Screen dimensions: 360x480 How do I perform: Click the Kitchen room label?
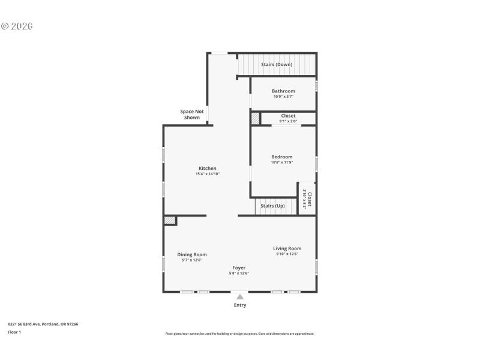(x=208, y=169)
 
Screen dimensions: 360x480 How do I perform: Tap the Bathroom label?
(x=283, y=91)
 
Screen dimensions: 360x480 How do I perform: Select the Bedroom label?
(x=282, y=157)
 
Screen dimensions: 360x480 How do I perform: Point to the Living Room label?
(x=287, y=248)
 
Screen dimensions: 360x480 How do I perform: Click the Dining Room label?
(x=192, y=254)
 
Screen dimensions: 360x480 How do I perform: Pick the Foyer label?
(x=239, y=268)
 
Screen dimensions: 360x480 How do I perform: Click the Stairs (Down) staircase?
(x=277, y=64)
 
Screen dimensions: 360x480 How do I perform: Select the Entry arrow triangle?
(x=239, y=296)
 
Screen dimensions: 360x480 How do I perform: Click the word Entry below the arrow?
(x=240, y=305)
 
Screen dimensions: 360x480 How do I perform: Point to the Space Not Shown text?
(x=192, y=115)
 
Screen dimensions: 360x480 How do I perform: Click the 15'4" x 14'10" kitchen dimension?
(x=208, y=174)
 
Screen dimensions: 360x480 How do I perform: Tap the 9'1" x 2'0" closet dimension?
(x=288, y=121)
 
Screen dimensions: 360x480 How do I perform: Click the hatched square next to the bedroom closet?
(x=255, y=119)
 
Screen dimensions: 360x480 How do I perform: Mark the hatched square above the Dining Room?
(x=170, y=221)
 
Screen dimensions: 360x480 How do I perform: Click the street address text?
(x=43, y=324)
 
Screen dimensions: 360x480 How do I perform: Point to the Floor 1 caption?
(x=14, y=332)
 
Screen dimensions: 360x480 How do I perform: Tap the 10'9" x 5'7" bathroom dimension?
(x=283, y=97)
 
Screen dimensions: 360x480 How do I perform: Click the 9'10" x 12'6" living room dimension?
(x=287, y=254)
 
